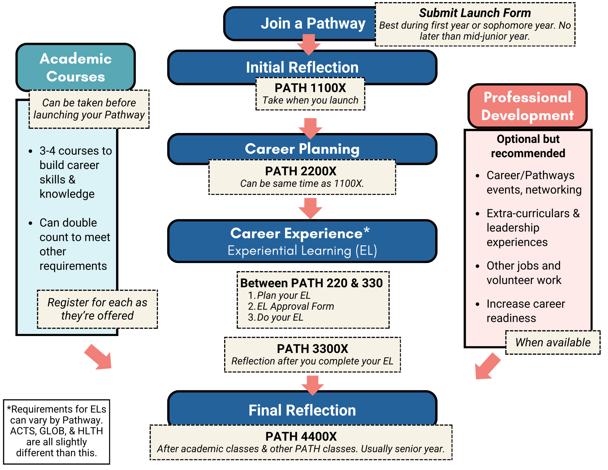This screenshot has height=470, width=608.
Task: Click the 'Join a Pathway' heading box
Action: click(300, 23)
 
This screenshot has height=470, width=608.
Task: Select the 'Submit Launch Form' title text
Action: click(474, 13)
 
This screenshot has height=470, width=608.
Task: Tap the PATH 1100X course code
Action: click(310, 88)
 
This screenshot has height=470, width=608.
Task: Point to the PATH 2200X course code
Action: click(300, 171)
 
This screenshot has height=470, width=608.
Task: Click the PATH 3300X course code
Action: click(312, 349)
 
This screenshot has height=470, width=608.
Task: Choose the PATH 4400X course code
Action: click(301, 436)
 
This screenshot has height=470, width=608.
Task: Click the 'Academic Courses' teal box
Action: click(76, 67)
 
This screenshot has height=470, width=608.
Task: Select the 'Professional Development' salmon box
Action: click(527, 106)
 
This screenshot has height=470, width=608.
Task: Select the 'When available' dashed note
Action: click(553, 343)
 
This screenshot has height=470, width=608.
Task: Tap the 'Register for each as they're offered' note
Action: click(97, 309)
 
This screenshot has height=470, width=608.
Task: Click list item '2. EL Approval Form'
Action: click(291, 306)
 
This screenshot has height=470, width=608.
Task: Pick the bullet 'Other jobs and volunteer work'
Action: click(524, 273)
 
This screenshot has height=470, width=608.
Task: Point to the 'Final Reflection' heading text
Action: click(302, 410)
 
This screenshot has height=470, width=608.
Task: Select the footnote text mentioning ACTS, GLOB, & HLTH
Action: click(56, 431)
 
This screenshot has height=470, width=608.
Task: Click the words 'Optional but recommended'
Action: click(528, 146)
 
